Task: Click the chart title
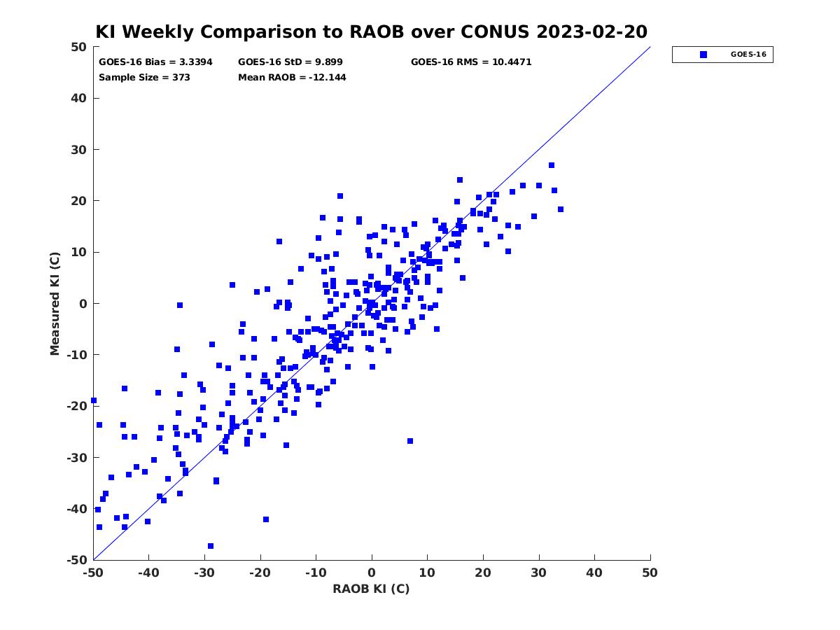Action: pyautogui.click(x=371, y=31)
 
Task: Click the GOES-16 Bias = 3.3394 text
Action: pyautogui.click(x=155, y=62)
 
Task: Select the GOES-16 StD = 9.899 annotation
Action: pyautogui.click(x=290, y=62)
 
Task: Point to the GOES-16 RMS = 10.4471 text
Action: pyautogui.click(x=471, y=62)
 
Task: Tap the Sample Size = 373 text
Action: pyautogui.click(x=144, y=77)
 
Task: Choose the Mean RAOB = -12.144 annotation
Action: pyautogui.click(x=292, y=77)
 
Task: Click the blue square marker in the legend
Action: pyautogui.click(x=703, y=55)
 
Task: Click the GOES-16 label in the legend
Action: pyautogui.click(x=748, y=55)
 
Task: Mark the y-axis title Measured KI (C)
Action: pyautogui.click(x=55, y=304)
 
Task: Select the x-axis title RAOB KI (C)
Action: pyautogui.click(x=371, y=589)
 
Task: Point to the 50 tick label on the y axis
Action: pyautogui.click(x=79, y=47)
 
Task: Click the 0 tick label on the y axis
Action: pyautogui.click(x=83, y=304)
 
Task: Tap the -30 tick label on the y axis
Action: pyautogui.click(x=77, y=458)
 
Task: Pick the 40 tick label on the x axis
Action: pyautogui.click(x=594, y=573)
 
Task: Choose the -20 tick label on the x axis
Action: pyautogui.click(x=260, y=573)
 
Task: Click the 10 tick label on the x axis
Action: pyautogui.click(x=427, y=573)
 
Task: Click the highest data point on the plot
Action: pyautogui.click(x=552, y=165)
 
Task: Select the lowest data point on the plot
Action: pyautogui.click(x=211, y=546)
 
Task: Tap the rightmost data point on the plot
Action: pyautogui.click(x=561, y=209)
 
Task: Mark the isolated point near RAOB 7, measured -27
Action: pyautogui.click(x=410, y=441)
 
